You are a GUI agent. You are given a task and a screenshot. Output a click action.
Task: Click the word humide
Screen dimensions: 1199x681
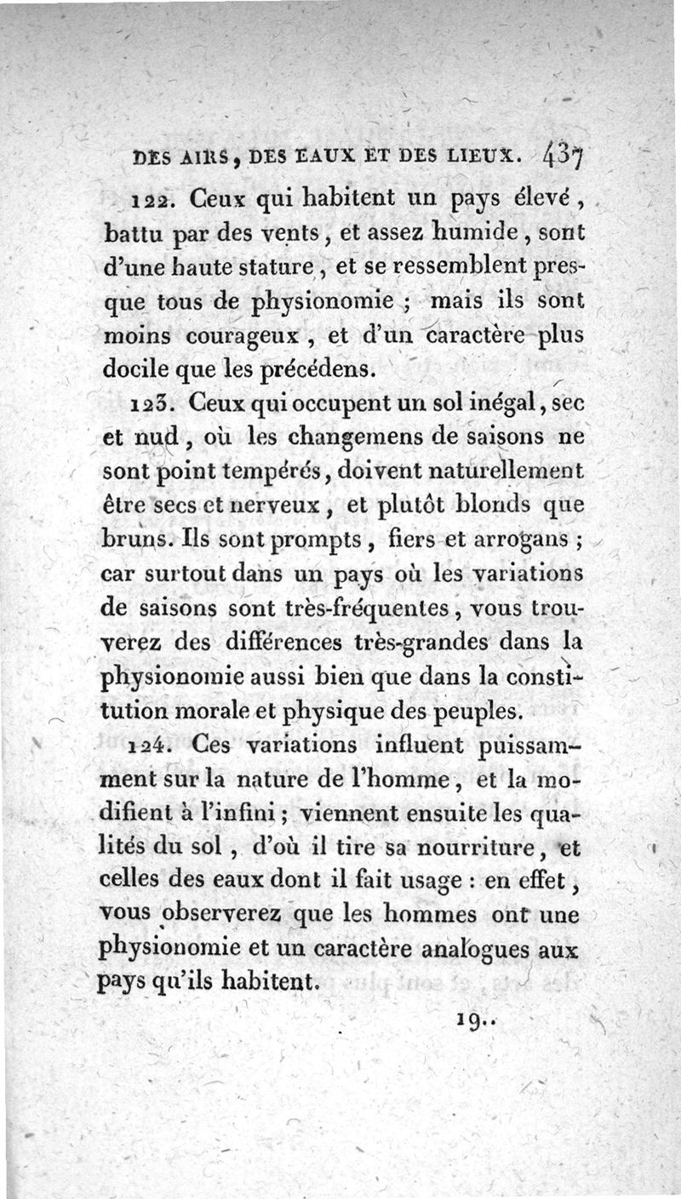[x=495, y=231]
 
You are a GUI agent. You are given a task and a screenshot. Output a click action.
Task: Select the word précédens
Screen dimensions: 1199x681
[x=319, y=369]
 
